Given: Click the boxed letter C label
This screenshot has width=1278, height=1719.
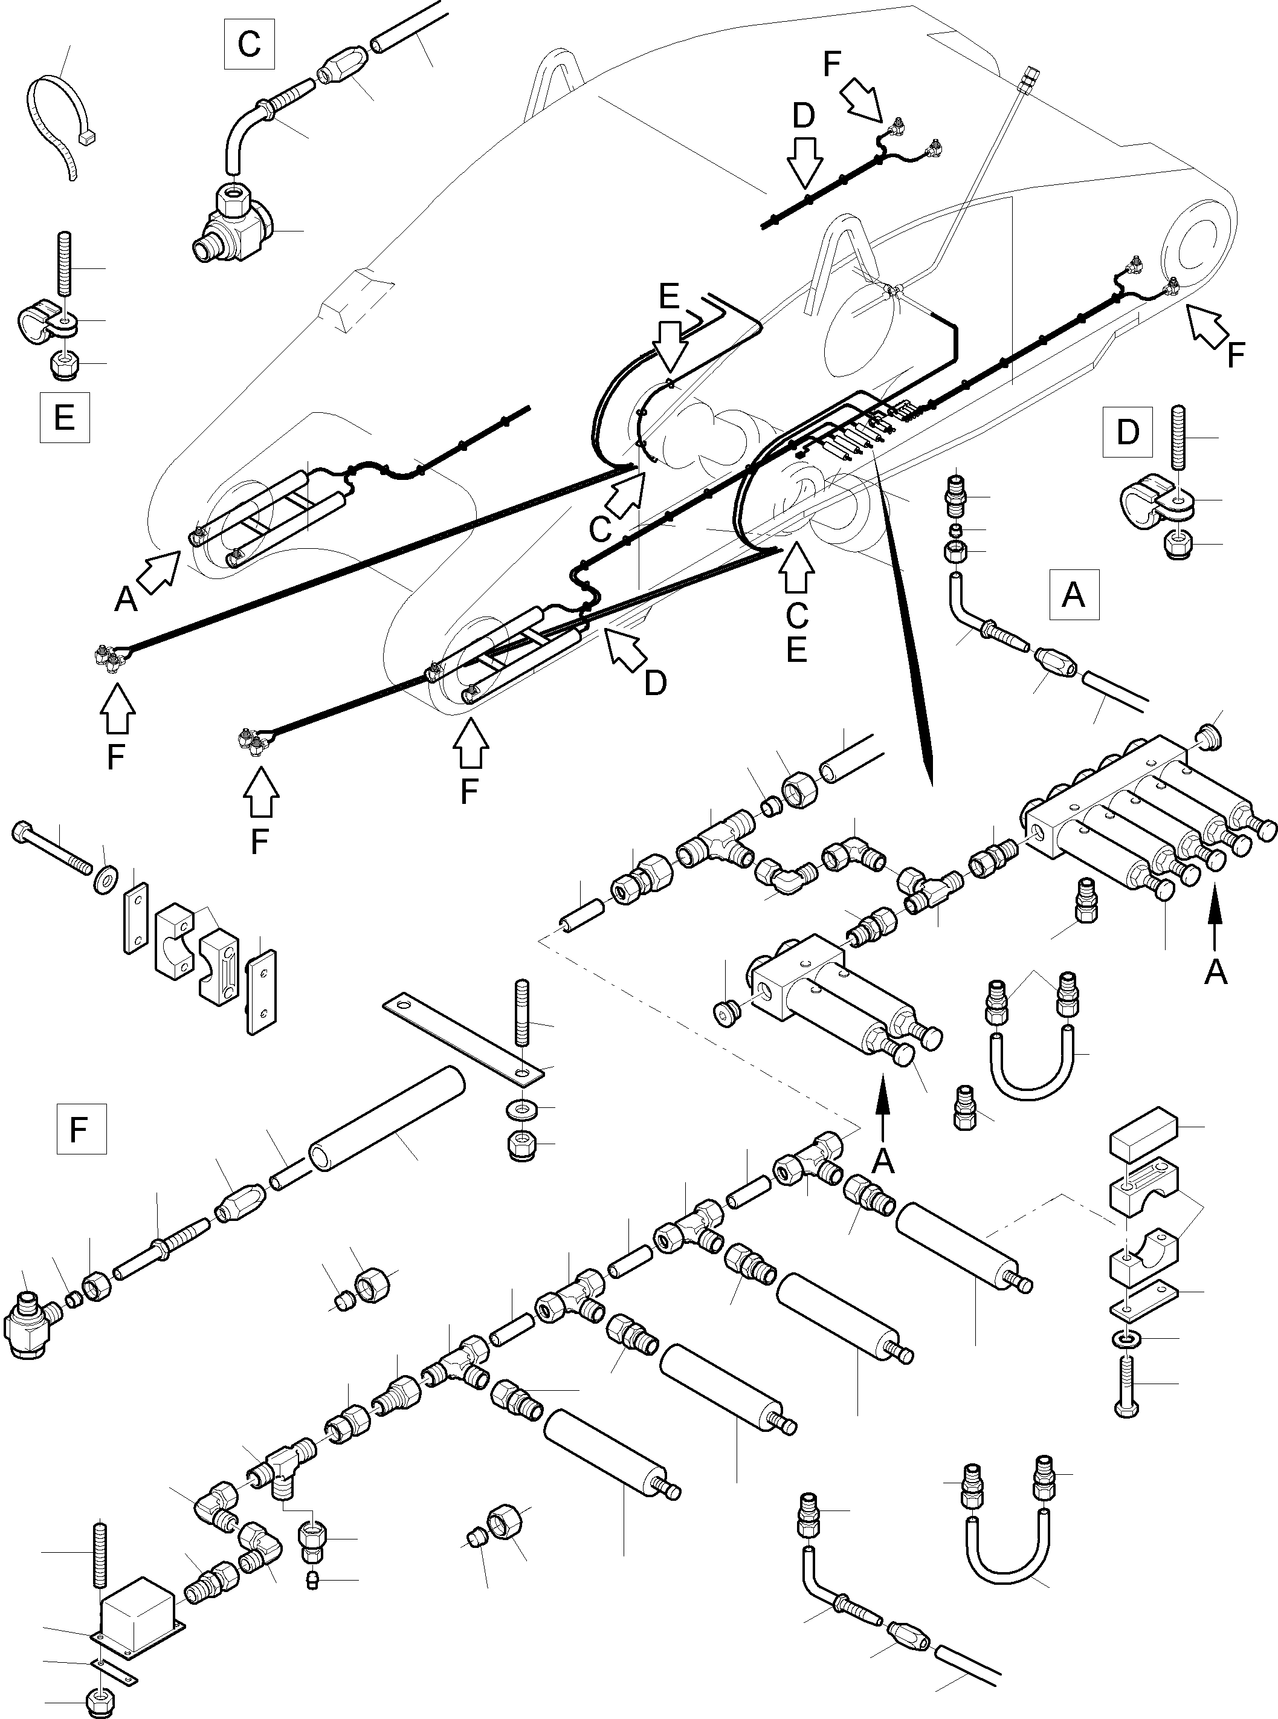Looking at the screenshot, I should (x=248, y=44).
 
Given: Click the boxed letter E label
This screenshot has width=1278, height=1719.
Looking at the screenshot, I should (x=64, y=418).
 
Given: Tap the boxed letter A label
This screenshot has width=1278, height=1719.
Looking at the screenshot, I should (x=1074, y=595).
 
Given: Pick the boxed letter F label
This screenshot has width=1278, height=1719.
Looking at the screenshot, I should (x=81, y=1130).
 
